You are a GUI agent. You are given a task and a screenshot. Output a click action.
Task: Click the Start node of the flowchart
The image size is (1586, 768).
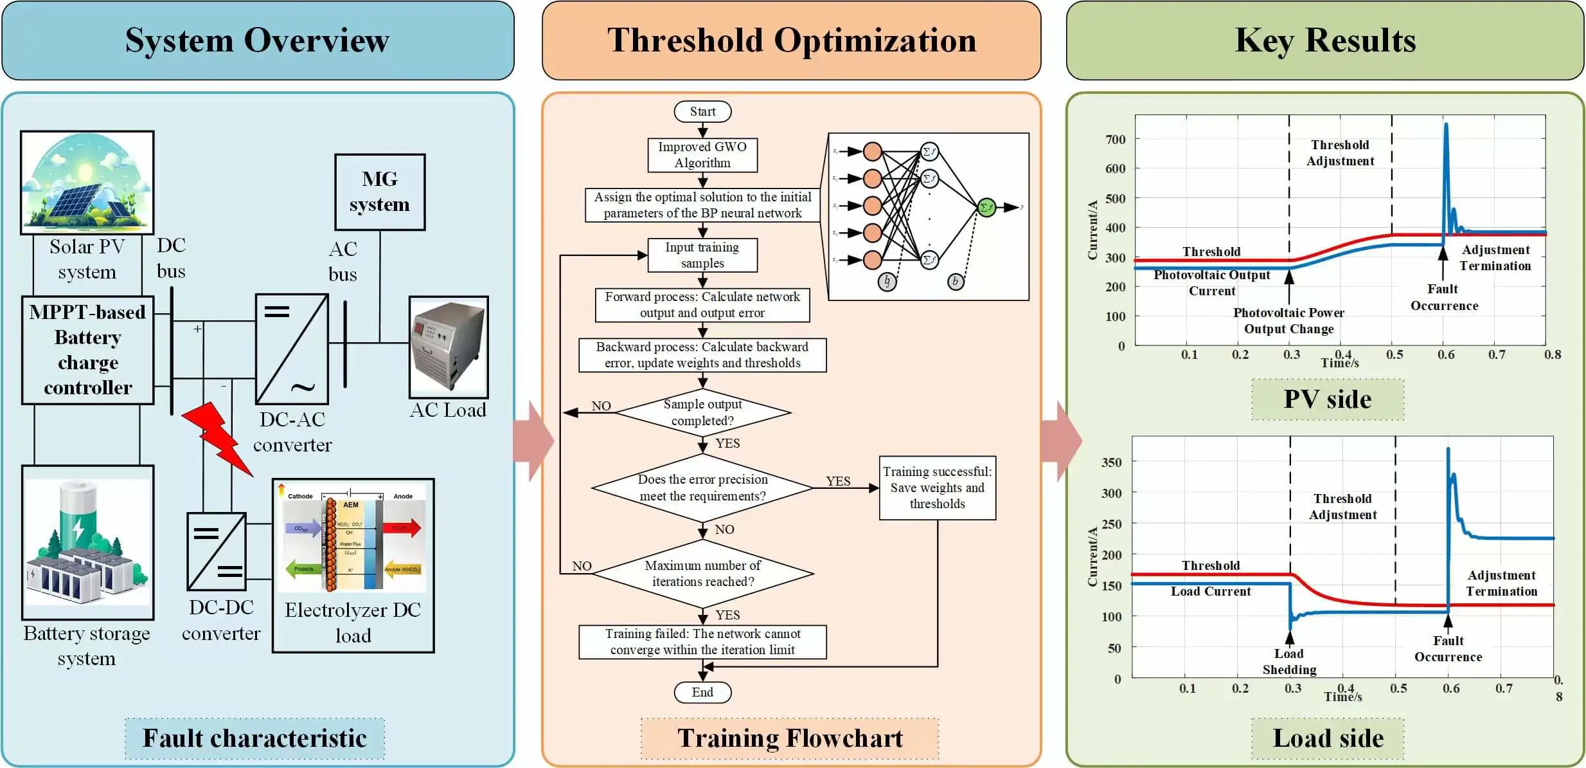pyautogui.click(x=702, y=111)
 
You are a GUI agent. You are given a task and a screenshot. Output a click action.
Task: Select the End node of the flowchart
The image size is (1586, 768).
pyautogui.click(x=702, y=692)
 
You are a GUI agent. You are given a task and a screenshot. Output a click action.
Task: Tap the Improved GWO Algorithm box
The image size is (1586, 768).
pyautogui.click(x=702, y=155)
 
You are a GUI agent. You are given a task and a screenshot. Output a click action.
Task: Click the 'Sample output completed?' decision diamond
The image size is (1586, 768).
pyautogui.click(x=702, y=412)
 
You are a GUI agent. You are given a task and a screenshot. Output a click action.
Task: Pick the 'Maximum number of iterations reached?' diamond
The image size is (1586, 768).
pyautogui.click(x=702, y=573)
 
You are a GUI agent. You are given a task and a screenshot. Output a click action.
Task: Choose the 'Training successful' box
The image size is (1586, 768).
pyautogui.click(x=937, y=488)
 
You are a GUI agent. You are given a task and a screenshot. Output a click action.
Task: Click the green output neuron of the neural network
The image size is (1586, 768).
pyautogui.click(x=986, y=207)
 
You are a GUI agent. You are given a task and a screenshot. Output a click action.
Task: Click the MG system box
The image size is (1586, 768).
pyautogui.click(x=380, y=192)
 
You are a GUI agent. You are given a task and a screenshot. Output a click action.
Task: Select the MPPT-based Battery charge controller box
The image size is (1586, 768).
pyautogui.click(x=88, y=350)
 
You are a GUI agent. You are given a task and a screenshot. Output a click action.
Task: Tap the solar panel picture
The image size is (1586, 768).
pyautogui.click(x=87, y=182)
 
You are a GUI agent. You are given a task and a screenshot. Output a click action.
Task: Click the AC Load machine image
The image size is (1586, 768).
pyautogui.click(x=449, y=347)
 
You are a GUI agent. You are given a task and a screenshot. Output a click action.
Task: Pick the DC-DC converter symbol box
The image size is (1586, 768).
pyautogui.click(x=217, y=551)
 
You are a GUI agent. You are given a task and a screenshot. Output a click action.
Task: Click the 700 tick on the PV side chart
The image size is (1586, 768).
pyautogui.click(x=1116, y=139)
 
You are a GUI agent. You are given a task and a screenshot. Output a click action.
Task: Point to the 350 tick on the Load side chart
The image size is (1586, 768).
pyautogui.click(x=1112, y=462)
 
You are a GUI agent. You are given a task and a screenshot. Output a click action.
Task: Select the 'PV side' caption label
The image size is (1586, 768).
pyautogui.click(x=1328, y=399)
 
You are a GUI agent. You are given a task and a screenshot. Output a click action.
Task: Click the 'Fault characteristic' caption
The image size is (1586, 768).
pyautogui.click(x=254, y=738)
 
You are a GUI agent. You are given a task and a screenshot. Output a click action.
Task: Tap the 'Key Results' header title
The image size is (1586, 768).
pyautogui.click(x=1325, y=40)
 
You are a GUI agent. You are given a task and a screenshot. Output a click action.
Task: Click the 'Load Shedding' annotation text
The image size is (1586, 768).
pyautogui.click(x=1289, y=662)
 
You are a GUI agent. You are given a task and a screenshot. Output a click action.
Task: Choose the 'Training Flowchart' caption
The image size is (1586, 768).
pyautogui.click(x=790, y=738)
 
